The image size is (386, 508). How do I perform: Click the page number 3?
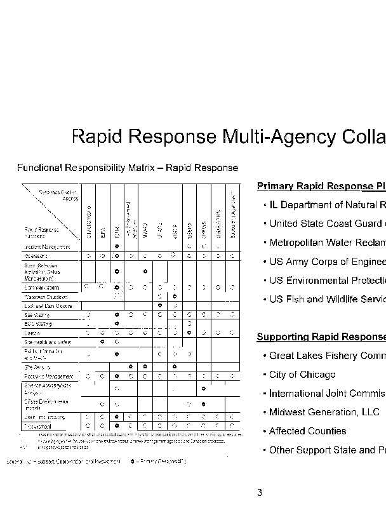[259, 493]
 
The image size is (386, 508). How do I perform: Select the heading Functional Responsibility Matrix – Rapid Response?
[128, 168]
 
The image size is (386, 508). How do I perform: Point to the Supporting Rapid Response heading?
[321, 337]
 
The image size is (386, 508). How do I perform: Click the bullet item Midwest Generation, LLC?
[324, 412]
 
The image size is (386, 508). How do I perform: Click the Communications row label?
[43, 287]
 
